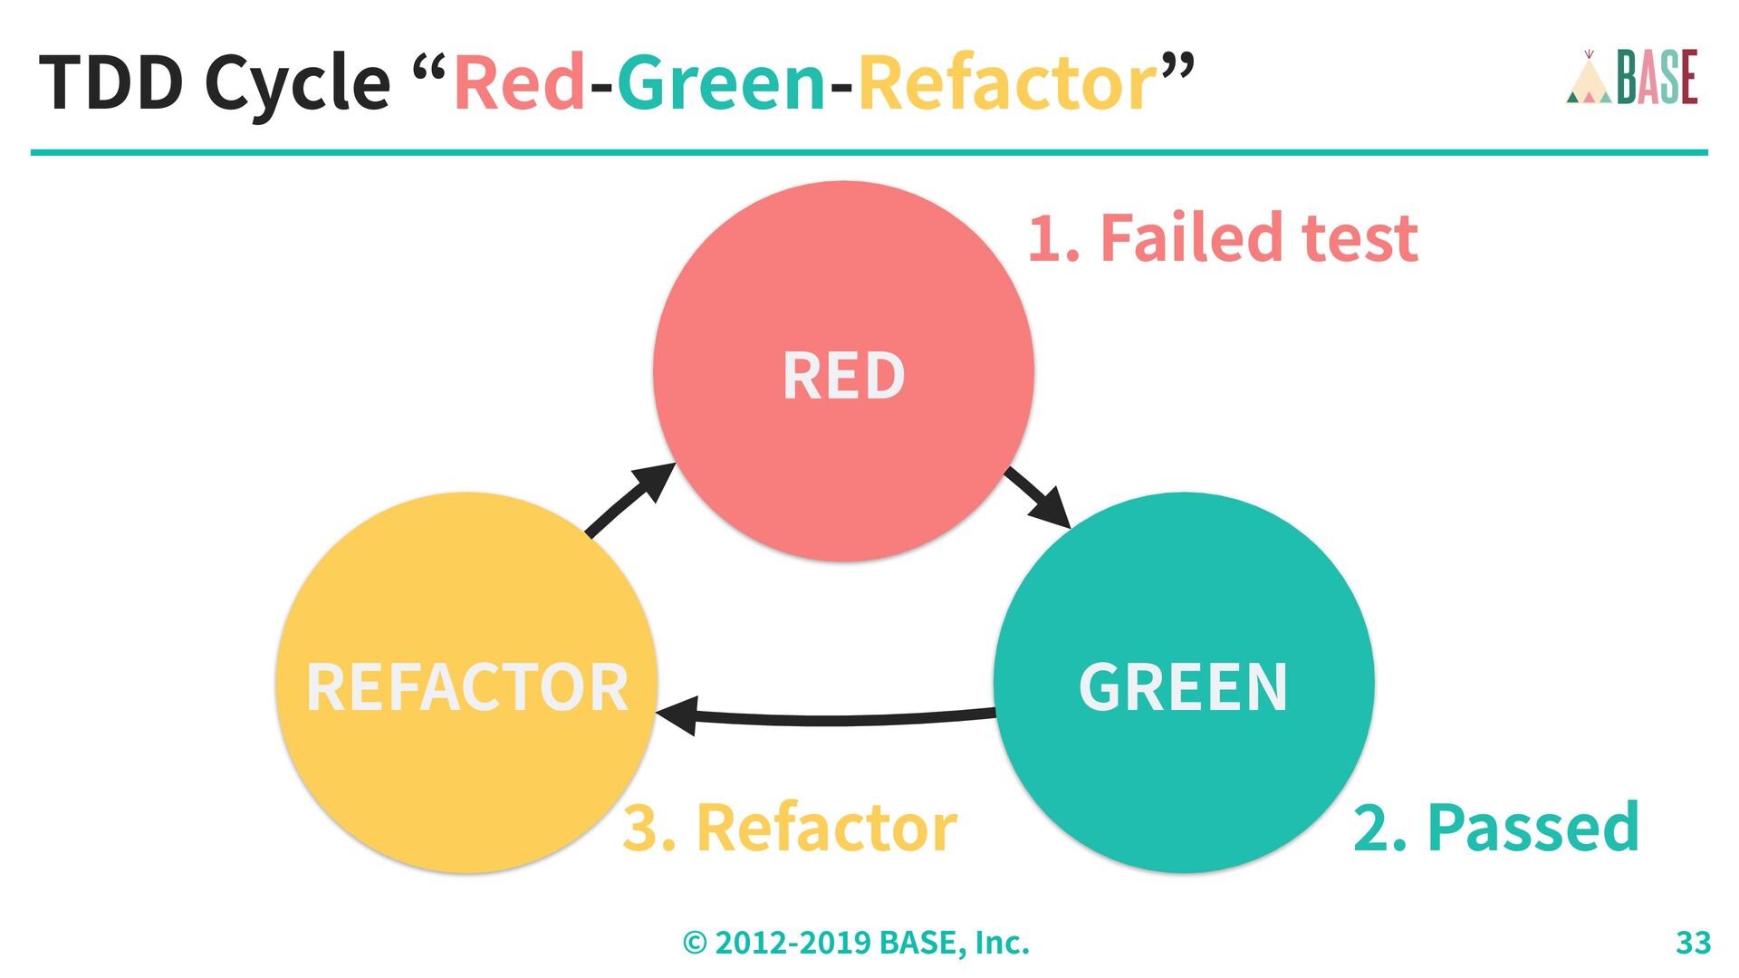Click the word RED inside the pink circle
[x=843, y=376]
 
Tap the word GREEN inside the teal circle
[x=1183, y=686]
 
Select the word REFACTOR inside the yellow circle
[x=467, y=687]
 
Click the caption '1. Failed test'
[x=1222, y=238]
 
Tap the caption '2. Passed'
[x=1495, y=828]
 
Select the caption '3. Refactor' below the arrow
[x=789, y=828]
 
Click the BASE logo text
[x=1657, y=78]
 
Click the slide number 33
[x=1693, y=943]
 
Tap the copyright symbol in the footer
[x=695, y=944]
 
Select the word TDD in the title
[x=111, y=82]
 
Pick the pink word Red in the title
[x=519, y=82]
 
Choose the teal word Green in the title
[x=721, y=82]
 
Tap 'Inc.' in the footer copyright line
[x=1002, y=943]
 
